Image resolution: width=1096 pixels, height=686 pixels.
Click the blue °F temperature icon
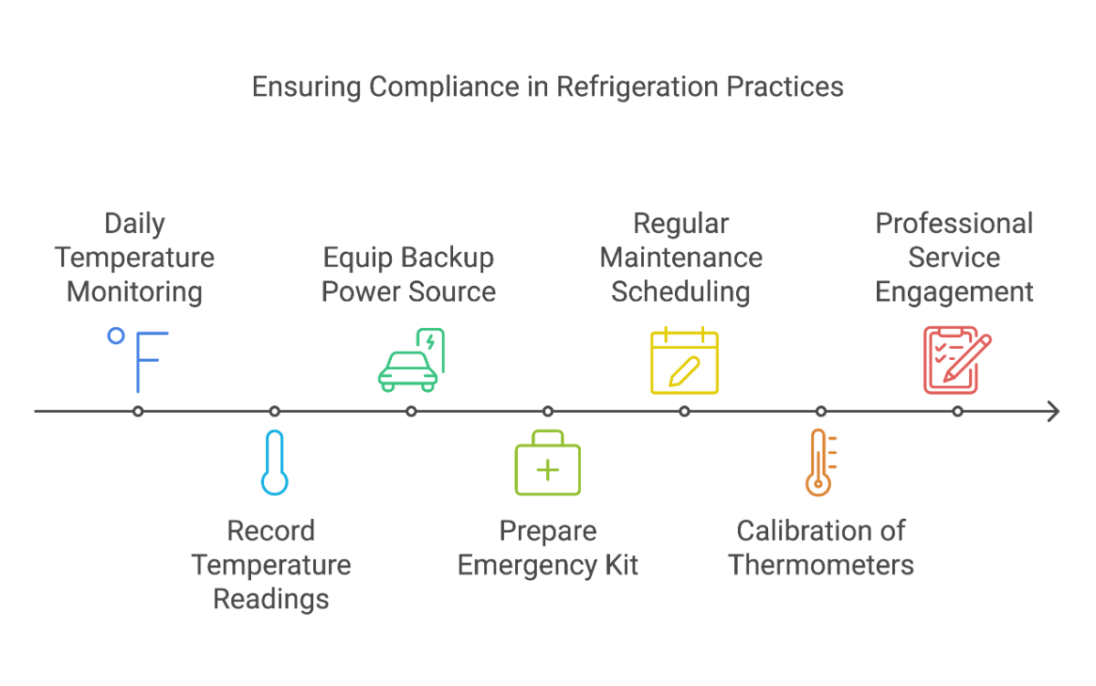(138, 360)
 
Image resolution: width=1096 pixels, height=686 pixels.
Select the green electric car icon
(411, 360)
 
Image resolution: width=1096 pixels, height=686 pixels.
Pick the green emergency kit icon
(547, 464)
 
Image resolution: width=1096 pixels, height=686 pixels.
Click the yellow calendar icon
(684, 361)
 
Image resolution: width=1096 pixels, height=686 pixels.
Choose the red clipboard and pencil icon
(955, 360)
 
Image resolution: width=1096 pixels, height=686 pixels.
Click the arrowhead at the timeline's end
(1054, 411)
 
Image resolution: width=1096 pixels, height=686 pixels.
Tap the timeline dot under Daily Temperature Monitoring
(138, 411)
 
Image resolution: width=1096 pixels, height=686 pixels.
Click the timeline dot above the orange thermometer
(820, 411)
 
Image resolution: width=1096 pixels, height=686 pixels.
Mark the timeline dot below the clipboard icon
(957, 411)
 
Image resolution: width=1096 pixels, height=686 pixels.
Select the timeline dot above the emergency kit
(547, 411)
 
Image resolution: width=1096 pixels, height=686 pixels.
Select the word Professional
(954, 224)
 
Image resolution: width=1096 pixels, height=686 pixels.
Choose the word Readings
(271, 599)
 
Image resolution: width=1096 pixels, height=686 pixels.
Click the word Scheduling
(680, 292)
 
